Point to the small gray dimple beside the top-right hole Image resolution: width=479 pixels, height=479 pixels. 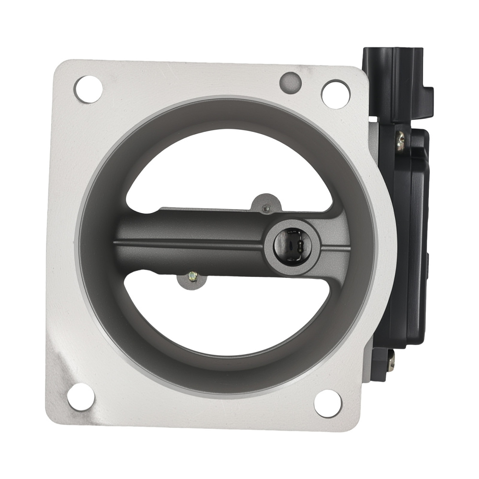click(x=290, y=82)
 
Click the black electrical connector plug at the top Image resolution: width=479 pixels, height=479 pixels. click(x=393, y=81)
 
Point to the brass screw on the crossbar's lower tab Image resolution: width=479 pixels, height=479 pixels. click(x=193, y=276)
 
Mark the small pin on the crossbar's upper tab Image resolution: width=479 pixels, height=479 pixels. click(x=267, y=207)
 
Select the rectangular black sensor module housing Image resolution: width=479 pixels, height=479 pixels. click(x=407, y=239)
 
